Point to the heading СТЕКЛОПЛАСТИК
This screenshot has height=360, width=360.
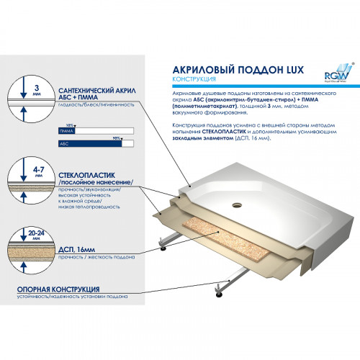click(84, 173)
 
